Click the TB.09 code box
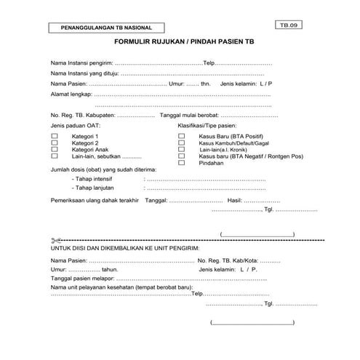(x=289, y=25)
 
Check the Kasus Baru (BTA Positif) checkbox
(x=182, y=137)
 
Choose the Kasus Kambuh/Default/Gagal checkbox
(x=182, y=143)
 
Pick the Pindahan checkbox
(x=182, y=163)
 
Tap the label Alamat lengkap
(x=71, y=95)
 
